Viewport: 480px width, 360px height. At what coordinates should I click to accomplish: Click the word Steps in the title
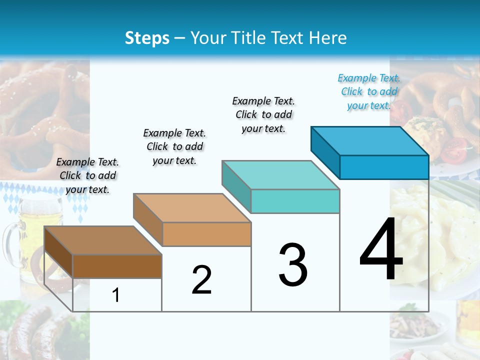point(146,38)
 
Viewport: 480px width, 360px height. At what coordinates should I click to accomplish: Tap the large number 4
point(381,250)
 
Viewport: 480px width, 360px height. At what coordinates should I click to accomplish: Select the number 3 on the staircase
point(293,265)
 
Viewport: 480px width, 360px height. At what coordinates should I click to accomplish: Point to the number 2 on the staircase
point(201,280)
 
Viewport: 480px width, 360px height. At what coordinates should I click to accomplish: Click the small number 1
point(116,295)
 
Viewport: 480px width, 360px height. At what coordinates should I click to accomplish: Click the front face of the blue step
point(384,167)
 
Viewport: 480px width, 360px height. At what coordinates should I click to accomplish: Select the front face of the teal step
point(295,201)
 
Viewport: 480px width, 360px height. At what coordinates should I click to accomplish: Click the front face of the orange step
point(206,234)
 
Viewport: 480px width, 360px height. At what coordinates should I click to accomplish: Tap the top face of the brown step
point(103,240)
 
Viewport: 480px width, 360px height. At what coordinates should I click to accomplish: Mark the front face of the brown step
point(117,266)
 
